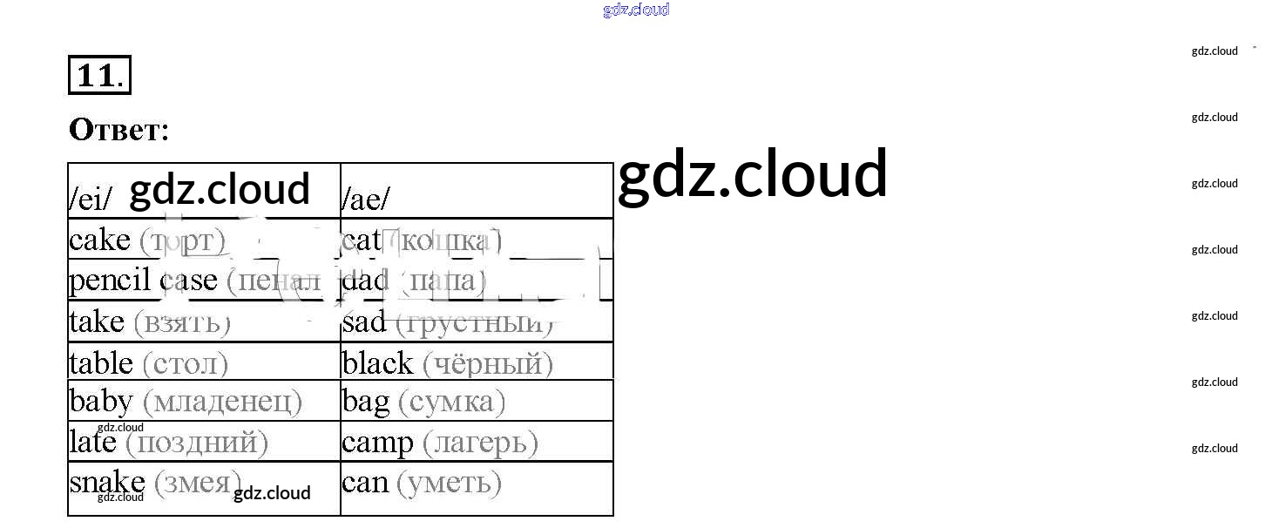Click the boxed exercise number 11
(x=99, y=75)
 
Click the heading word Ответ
(x=118, y=130)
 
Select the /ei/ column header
(x=90, y=200)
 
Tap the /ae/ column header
(x=365, y=200)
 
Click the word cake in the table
(x=99, y=240)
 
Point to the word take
(x=97, y=322)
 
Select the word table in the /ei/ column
(x=101, y=362)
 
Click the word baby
(x=101, y=402)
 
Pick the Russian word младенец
(x=222, y=402)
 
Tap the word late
(x=92, y=442)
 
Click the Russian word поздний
(x=197, y=443)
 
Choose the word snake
(x=107, y=482)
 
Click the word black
(x=378, y=362)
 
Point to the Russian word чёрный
(x=488, y=362)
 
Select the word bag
(x=366, y=403)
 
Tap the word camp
(x=377, y=443)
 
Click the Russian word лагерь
(x=480, y=443)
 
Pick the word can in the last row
(x=365, y=483)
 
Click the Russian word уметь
(x=449, y=483)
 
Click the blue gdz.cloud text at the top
(x=636, y=10)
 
